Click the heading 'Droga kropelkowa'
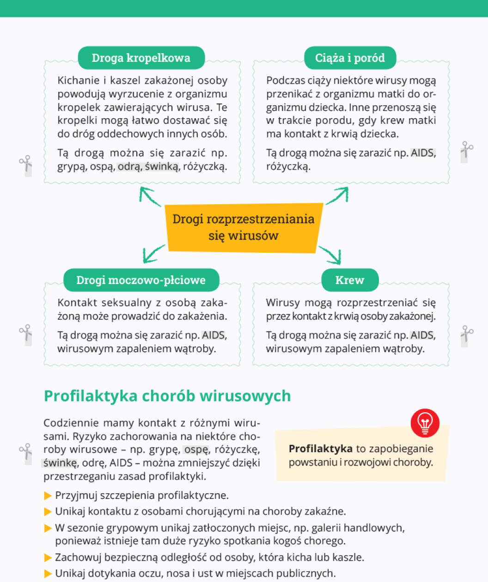(141, 58)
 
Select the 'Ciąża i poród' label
(350, 58)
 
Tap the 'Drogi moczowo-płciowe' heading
(141, 280)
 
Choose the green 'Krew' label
(350, 280)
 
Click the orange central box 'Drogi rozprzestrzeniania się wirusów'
(244, 228)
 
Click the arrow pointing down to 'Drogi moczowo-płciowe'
(153, 254)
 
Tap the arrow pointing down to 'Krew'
(330, 255)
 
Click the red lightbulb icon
(425, 423)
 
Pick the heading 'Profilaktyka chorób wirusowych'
(167, 396)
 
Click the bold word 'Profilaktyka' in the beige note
(320, 449)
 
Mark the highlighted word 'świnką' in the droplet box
(162, 167)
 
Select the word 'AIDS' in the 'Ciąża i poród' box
(423, 153)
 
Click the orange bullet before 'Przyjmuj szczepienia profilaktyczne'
(48, 496)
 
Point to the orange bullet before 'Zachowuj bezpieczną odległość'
(48, 558)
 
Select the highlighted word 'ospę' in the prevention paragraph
(196, 449)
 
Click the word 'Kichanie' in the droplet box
(79, 80)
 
